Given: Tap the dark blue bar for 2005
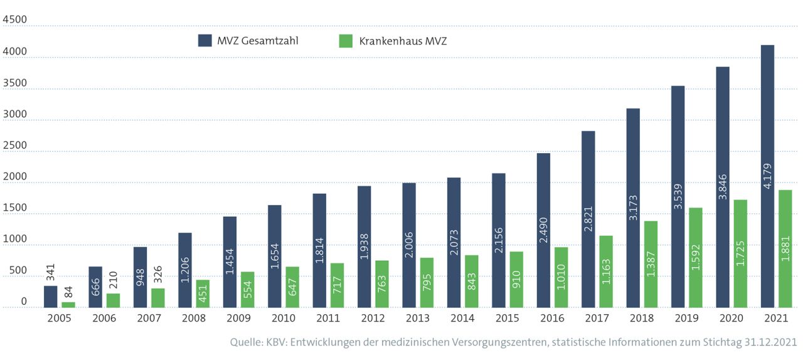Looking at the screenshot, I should [x=50, y=297].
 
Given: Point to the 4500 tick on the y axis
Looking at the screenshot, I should [x=15, y=20].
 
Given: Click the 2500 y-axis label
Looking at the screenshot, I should [x=15, y=146].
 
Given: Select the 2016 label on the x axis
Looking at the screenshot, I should [x=553, y=319].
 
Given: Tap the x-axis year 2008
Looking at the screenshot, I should [x=194, y=319].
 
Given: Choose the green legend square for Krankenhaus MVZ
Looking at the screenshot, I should [x=346, y=41].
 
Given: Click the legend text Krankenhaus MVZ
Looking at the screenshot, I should [x=403, y=41].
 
